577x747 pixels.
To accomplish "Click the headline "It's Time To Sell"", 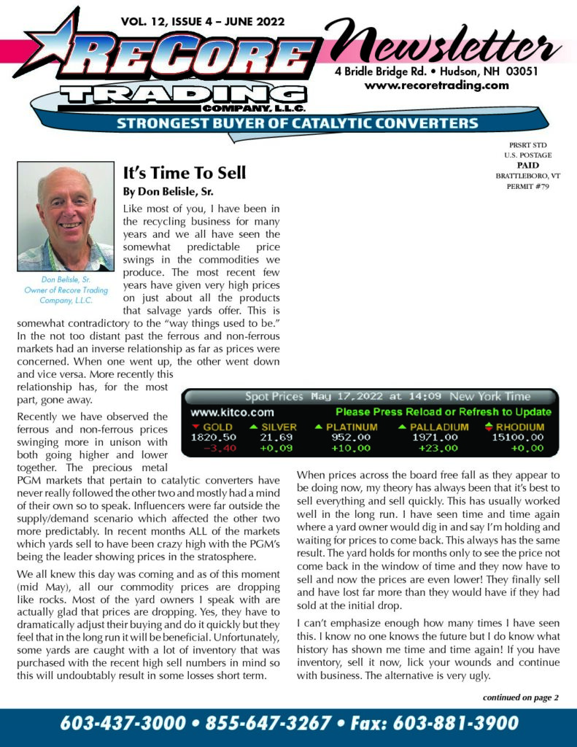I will [x=185, y=173].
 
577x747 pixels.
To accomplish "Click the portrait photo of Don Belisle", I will [x=66, y=217].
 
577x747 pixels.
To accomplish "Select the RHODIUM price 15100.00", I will [x=519, y=437].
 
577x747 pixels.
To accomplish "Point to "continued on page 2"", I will [x=520, y=697].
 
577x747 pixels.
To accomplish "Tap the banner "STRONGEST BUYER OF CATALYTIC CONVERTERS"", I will [x=298, y=123].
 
